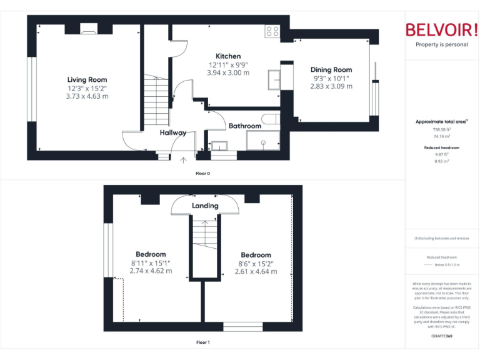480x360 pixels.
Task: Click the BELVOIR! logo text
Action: pyautogui.click(x=442, y=30)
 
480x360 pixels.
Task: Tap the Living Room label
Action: pyautogui.click(x=87, y=79)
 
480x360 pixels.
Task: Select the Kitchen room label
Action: pyautogui.click(x=228, y=56)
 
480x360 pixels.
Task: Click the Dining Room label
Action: pyautogui.click(x=331, y=70)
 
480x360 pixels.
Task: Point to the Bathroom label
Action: pyautogui.click(x=244, y=126)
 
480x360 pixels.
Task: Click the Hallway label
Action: pyautogui.click(x=172, y=132)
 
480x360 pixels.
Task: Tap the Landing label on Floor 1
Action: pyautogui.click(x=205, y=206)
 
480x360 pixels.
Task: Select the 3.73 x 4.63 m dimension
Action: pyautogui.click(x=87, y=96)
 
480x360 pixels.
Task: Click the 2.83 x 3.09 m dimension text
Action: pyautogui.click(x=331, y=86)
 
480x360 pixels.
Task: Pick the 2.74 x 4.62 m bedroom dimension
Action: pyautogui.click(x=151, y=271)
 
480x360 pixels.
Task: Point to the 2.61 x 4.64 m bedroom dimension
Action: pyautogui.click(x=256, y=271)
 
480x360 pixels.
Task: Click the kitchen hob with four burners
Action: pyautogui.click(x=272, y=31)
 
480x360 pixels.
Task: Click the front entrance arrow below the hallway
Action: pyautogui.click(x=183, y=160)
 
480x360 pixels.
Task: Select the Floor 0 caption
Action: pyautogui.click(x=202, y=172)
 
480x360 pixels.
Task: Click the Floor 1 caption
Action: pyautogui.click(x=202, y=342)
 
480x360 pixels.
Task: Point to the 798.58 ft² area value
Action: pyautogui.click(x=442, y=129)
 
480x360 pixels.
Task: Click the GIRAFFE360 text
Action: pyautogui.click(x=442, y=336)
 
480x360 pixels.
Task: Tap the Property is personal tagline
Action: pyautogui.click(x=442, y=45)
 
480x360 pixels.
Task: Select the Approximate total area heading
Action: pyautogui.click(x=441, y=121)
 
